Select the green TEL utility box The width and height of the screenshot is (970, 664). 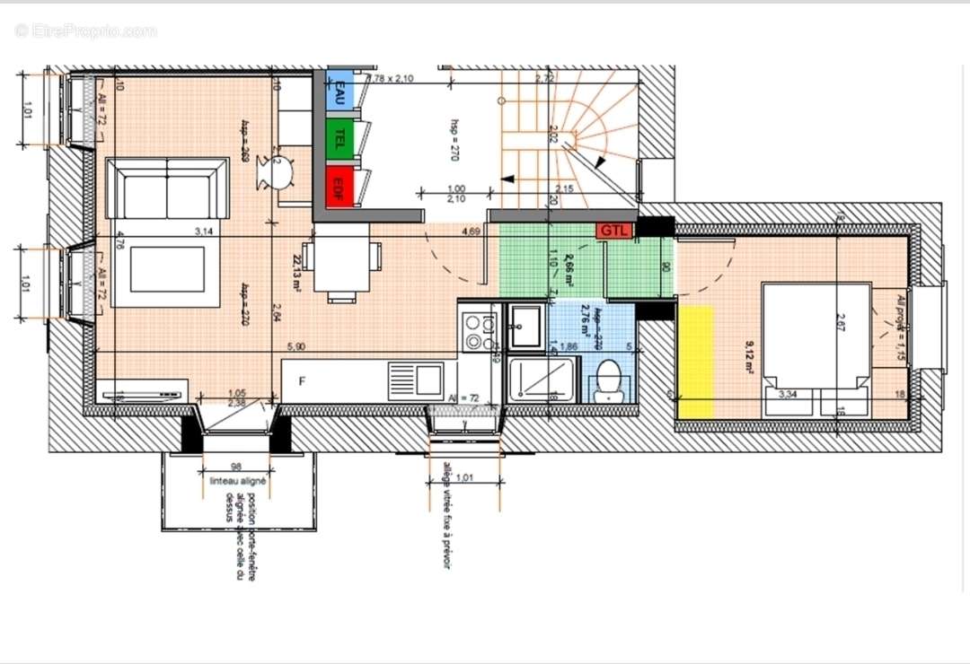[x=339, y=138]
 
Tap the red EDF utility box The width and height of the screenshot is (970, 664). [x=339, y=187]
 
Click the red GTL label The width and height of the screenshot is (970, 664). [x=614, y=230]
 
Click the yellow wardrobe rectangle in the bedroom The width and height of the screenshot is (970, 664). [x=695, y=361]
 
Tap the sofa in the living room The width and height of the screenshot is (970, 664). [x=167, y=189]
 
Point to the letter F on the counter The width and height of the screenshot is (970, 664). [x=303, y=381]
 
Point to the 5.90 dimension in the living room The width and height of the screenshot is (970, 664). [x=295, y=346]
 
